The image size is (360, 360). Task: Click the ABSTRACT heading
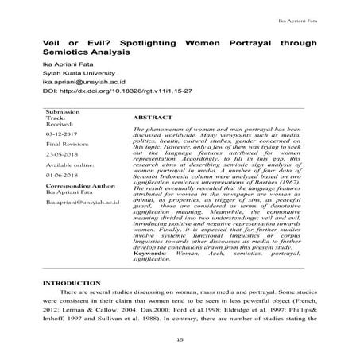click(x=148, y=117)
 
